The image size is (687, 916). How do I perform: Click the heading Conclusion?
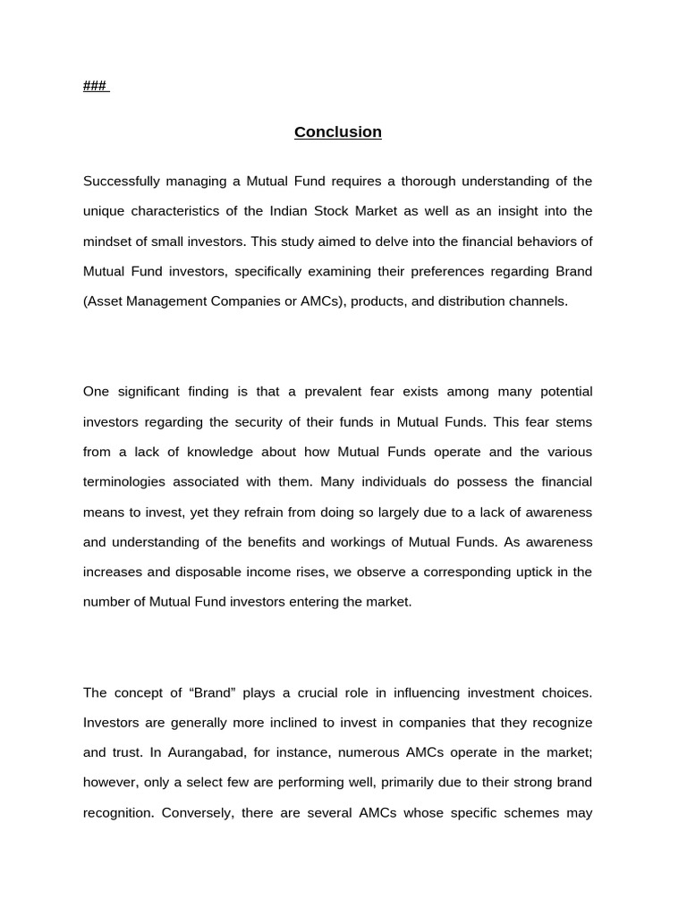[x=338, y=132]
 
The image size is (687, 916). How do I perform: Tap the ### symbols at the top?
[x=95, y=86]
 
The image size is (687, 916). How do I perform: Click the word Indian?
[x=290, y=211]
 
